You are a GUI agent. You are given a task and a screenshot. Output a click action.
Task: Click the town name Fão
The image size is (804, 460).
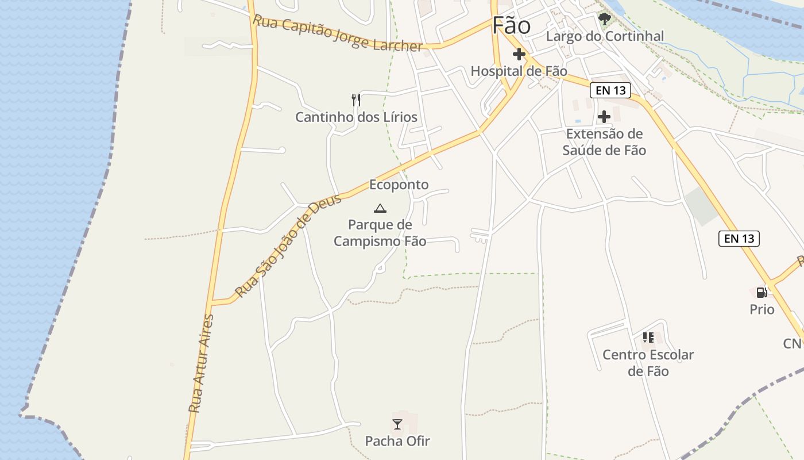[x=511, y=25]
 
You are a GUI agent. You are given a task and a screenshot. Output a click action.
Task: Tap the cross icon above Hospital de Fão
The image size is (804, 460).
[x=519, y=55]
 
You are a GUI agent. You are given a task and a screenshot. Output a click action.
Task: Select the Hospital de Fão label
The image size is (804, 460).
[x=519, y=71]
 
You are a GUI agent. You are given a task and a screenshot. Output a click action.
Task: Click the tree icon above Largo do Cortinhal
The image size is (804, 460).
[x=604, y=20]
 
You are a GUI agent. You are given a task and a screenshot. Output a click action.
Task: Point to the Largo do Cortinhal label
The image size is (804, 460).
[x=605, y=36]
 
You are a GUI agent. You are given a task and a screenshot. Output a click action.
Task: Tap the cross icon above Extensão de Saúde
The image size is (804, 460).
[x=604, y=117]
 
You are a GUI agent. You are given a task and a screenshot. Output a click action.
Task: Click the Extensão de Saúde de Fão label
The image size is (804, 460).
[x=604, y=142]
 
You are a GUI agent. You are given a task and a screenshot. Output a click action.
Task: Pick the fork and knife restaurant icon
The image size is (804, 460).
[x=356, y=100]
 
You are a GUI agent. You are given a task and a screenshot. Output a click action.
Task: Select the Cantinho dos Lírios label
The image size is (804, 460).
[x=356, y=117]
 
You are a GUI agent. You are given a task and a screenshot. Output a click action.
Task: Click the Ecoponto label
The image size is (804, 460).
[x=399, y=185]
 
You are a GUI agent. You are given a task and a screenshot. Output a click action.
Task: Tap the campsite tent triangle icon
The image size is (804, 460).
[x=380, y=208]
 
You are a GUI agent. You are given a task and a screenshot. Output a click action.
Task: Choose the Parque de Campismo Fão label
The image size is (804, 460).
[x=380, y=233]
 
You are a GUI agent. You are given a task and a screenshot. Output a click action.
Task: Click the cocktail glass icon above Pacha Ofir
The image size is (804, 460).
[x=397, y=424]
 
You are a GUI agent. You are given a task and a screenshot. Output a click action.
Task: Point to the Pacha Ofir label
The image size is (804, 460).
[x=397, y=441]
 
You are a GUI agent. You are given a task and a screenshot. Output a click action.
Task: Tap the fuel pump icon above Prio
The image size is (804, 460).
[x=762, y=293]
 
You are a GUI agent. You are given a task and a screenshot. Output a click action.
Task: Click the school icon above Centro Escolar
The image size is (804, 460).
[x=648, y=338]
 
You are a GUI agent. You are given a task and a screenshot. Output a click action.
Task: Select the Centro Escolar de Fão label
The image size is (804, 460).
[x=648, y=363]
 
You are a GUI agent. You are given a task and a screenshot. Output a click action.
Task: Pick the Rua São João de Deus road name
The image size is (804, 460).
[x=288, y=246]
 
